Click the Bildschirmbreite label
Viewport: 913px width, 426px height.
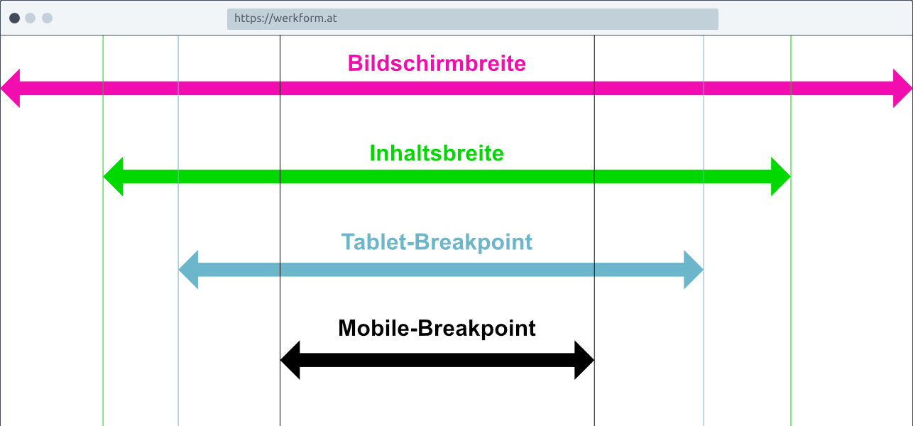point(437,64)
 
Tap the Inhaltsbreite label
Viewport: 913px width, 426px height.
point(437,153)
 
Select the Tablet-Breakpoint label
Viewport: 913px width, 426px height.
point(437,242)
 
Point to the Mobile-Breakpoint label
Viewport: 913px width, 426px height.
point(437,328)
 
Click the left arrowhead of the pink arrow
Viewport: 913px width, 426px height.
point(11,89)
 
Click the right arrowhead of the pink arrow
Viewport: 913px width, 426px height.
point(902,89)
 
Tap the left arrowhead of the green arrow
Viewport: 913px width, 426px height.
point(114,177)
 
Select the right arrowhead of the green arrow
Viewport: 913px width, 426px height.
point(780,177)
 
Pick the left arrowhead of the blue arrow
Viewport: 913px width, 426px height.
point(188,270)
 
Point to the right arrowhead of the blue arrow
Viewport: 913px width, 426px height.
point(694,270)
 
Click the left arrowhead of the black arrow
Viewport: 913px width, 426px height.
point(290,361)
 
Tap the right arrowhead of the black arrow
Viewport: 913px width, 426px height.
point(584,361)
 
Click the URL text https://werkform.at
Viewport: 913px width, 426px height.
point(285,18)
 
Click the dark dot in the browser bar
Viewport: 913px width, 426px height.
point(15,18)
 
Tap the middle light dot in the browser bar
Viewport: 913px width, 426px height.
point(30,18)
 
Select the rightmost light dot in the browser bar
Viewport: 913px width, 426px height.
point(48,18)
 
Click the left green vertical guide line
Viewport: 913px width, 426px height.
point(103,231)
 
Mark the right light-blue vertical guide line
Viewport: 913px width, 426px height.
point(704,231)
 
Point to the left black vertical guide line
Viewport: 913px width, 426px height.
point(280,231)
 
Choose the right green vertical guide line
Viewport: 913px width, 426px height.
point(791,231)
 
